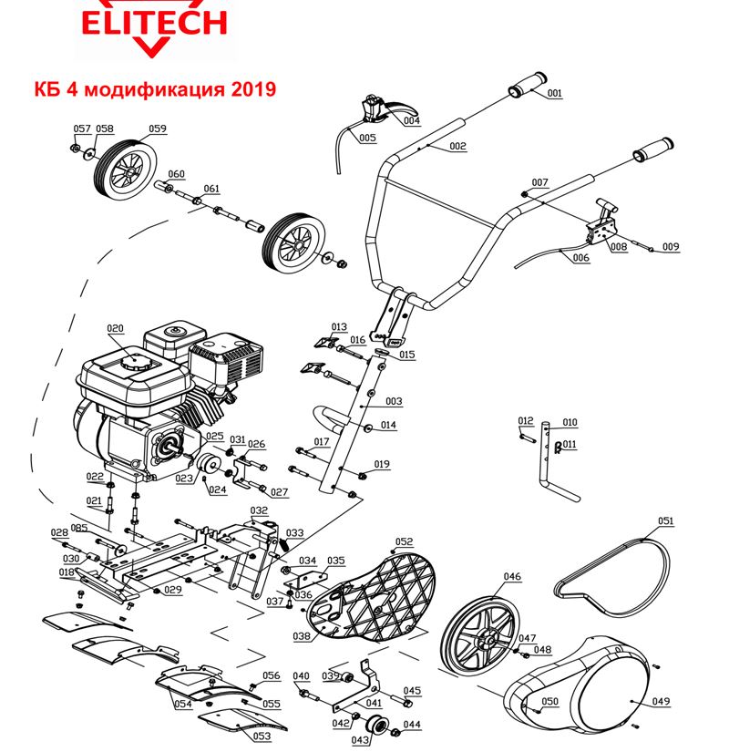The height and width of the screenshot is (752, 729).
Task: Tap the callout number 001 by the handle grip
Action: [555, 93]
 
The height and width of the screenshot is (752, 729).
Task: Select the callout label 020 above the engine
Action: [115, 328]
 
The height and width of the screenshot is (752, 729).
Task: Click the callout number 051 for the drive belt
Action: [666, 521]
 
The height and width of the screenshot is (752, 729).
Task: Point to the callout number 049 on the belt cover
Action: [661, 701]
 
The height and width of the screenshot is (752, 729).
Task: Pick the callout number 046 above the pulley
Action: [512, 577]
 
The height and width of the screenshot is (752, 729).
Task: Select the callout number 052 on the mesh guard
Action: [404, 541]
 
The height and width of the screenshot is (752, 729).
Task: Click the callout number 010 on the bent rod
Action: [570, 422]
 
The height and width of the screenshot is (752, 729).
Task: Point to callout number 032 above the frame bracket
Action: [259, 510]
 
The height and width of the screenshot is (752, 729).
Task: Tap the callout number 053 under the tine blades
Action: [262, 736]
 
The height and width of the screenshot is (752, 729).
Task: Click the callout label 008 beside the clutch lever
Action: [619, 246]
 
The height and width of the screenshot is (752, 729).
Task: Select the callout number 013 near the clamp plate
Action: [339, 326]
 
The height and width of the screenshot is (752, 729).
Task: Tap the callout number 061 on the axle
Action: [211, 189]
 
